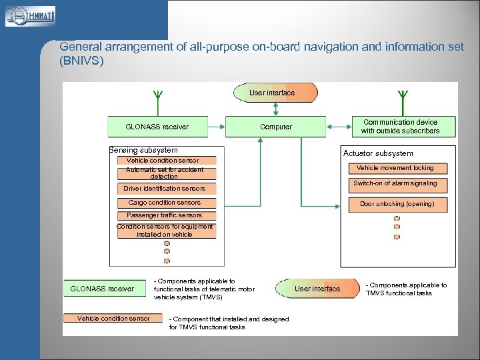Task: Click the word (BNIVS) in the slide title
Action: [x=82, y=61]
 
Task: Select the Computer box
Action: [x=276, y=127]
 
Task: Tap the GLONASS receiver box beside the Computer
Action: [x=157, y=127]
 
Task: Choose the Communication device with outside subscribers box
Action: [x=403, y=127]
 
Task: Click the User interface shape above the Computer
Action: [x=274, y=93]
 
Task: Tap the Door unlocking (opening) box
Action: [x=397, y=204]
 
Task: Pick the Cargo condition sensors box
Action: [x=165, y=203]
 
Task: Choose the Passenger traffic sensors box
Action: [x=165, y=215]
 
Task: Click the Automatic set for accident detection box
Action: [x=165, y=173]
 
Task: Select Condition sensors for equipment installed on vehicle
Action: [x=165, y=231]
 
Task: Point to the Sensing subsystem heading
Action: [x=143, y=150]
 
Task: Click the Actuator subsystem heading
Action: [x=378, y=153]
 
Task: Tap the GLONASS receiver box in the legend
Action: [x=102, y=289]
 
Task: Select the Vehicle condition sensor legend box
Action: [x=114, y=319]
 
